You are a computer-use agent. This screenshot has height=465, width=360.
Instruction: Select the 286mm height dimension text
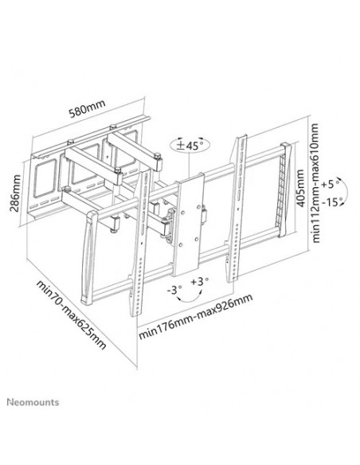(14, 190)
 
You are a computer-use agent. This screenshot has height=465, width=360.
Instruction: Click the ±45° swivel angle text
(189, 145)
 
